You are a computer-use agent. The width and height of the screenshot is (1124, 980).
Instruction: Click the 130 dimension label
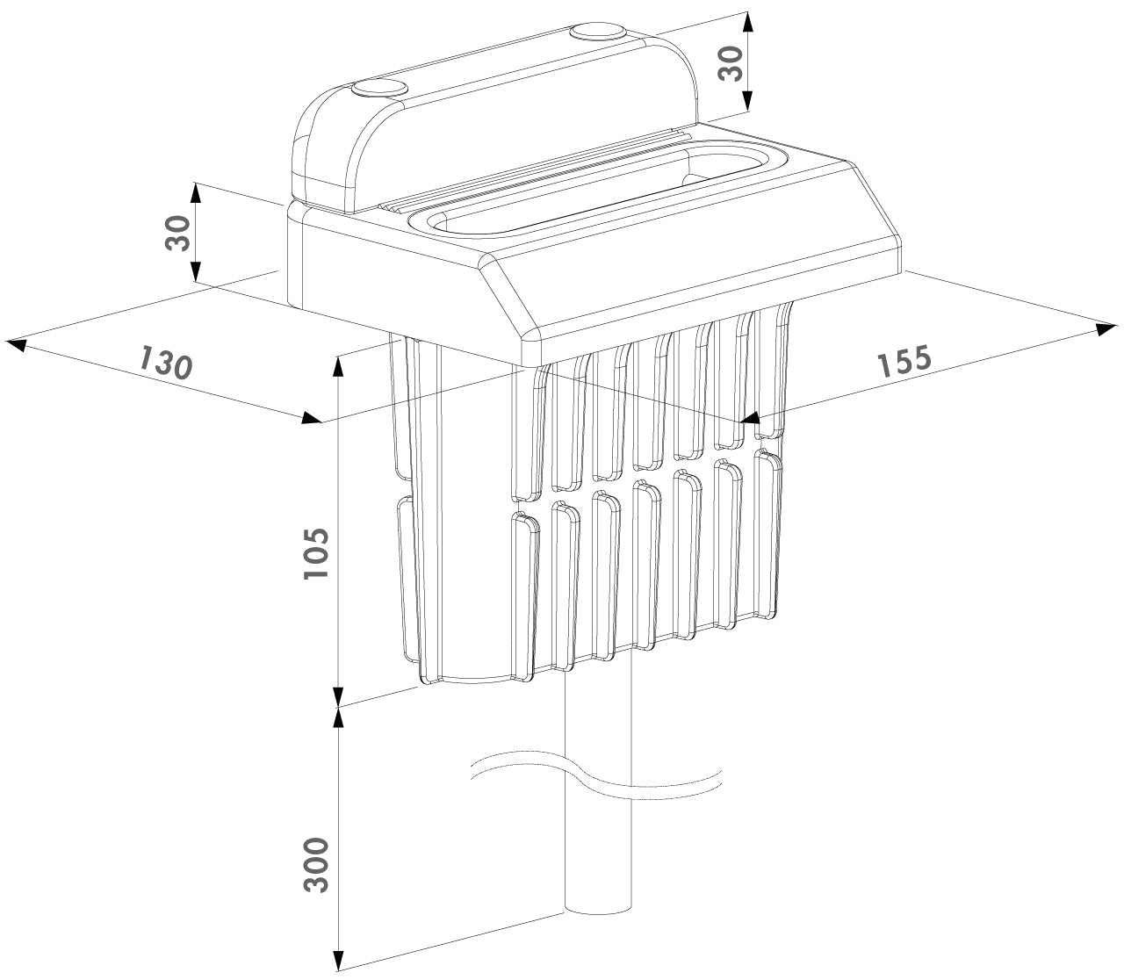(165, 362)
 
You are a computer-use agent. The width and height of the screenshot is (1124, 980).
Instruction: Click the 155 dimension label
(904, 361)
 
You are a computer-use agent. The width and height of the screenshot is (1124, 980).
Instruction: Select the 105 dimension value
(317, 553)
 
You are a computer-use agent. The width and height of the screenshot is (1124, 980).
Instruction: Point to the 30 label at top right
(731, 63)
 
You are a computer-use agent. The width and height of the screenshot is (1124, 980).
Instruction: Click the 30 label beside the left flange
(177, 233)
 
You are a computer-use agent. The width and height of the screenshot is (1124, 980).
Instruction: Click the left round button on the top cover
(379, 89)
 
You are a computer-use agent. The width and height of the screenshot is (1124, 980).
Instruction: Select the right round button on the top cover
(598, 32)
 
